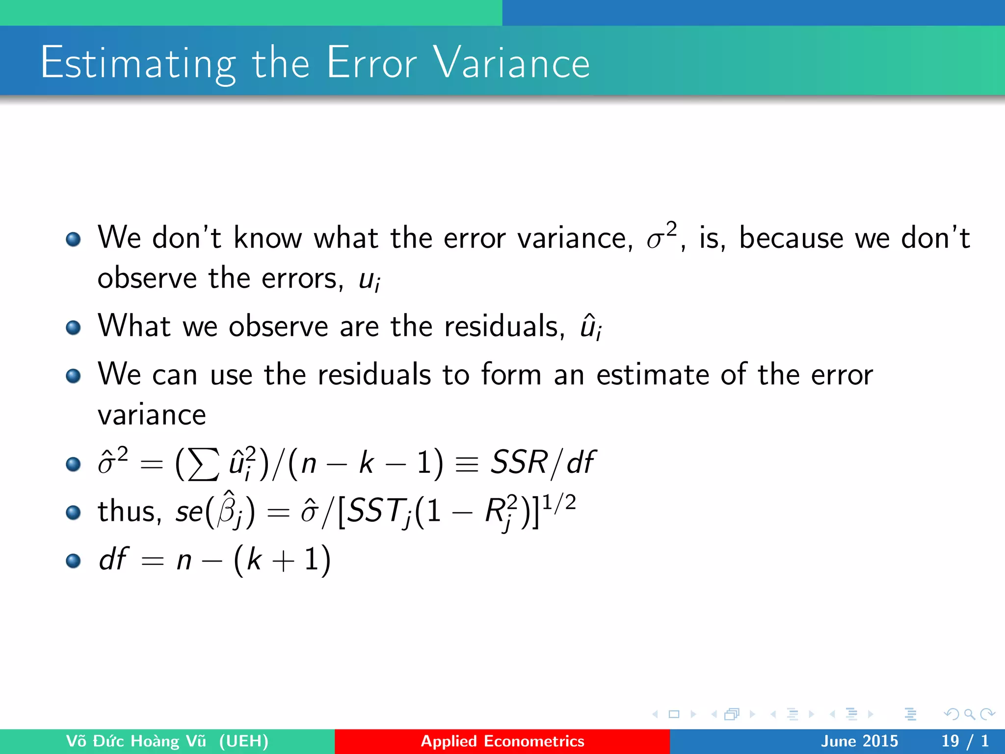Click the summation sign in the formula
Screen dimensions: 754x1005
tap(203, 464)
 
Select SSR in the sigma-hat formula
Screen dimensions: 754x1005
tap(519, 462)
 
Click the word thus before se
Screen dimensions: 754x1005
tap(129, 512)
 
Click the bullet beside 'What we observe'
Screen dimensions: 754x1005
tap(73, 327)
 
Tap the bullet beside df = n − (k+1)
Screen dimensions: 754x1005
tap(73, 561)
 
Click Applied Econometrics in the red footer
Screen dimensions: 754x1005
tap(502, 741)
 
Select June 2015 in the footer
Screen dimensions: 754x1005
tap(859, 741)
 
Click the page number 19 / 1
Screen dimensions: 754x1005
tap(964, 741)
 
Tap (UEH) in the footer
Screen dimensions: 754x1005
tap(243, 741)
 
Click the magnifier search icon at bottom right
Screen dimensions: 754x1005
tap(969, 714)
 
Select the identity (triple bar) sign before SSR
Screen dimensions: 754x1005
tap(467, 463)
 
